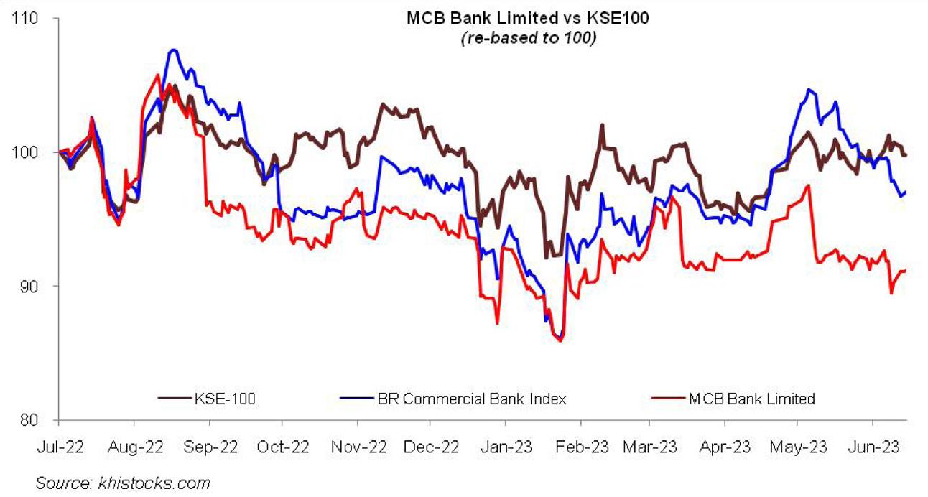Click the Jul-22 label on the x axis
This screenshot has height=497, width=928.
point(59,447)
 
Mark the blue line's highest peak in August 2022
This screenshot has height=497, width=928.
point(173,50)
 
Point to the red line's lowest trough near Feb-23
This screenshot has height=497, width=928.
point(560,340)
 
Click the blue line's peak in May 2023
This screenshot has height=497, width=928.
point(809,89)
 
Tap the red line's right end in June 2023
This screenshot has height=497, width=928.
point(905,270)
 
